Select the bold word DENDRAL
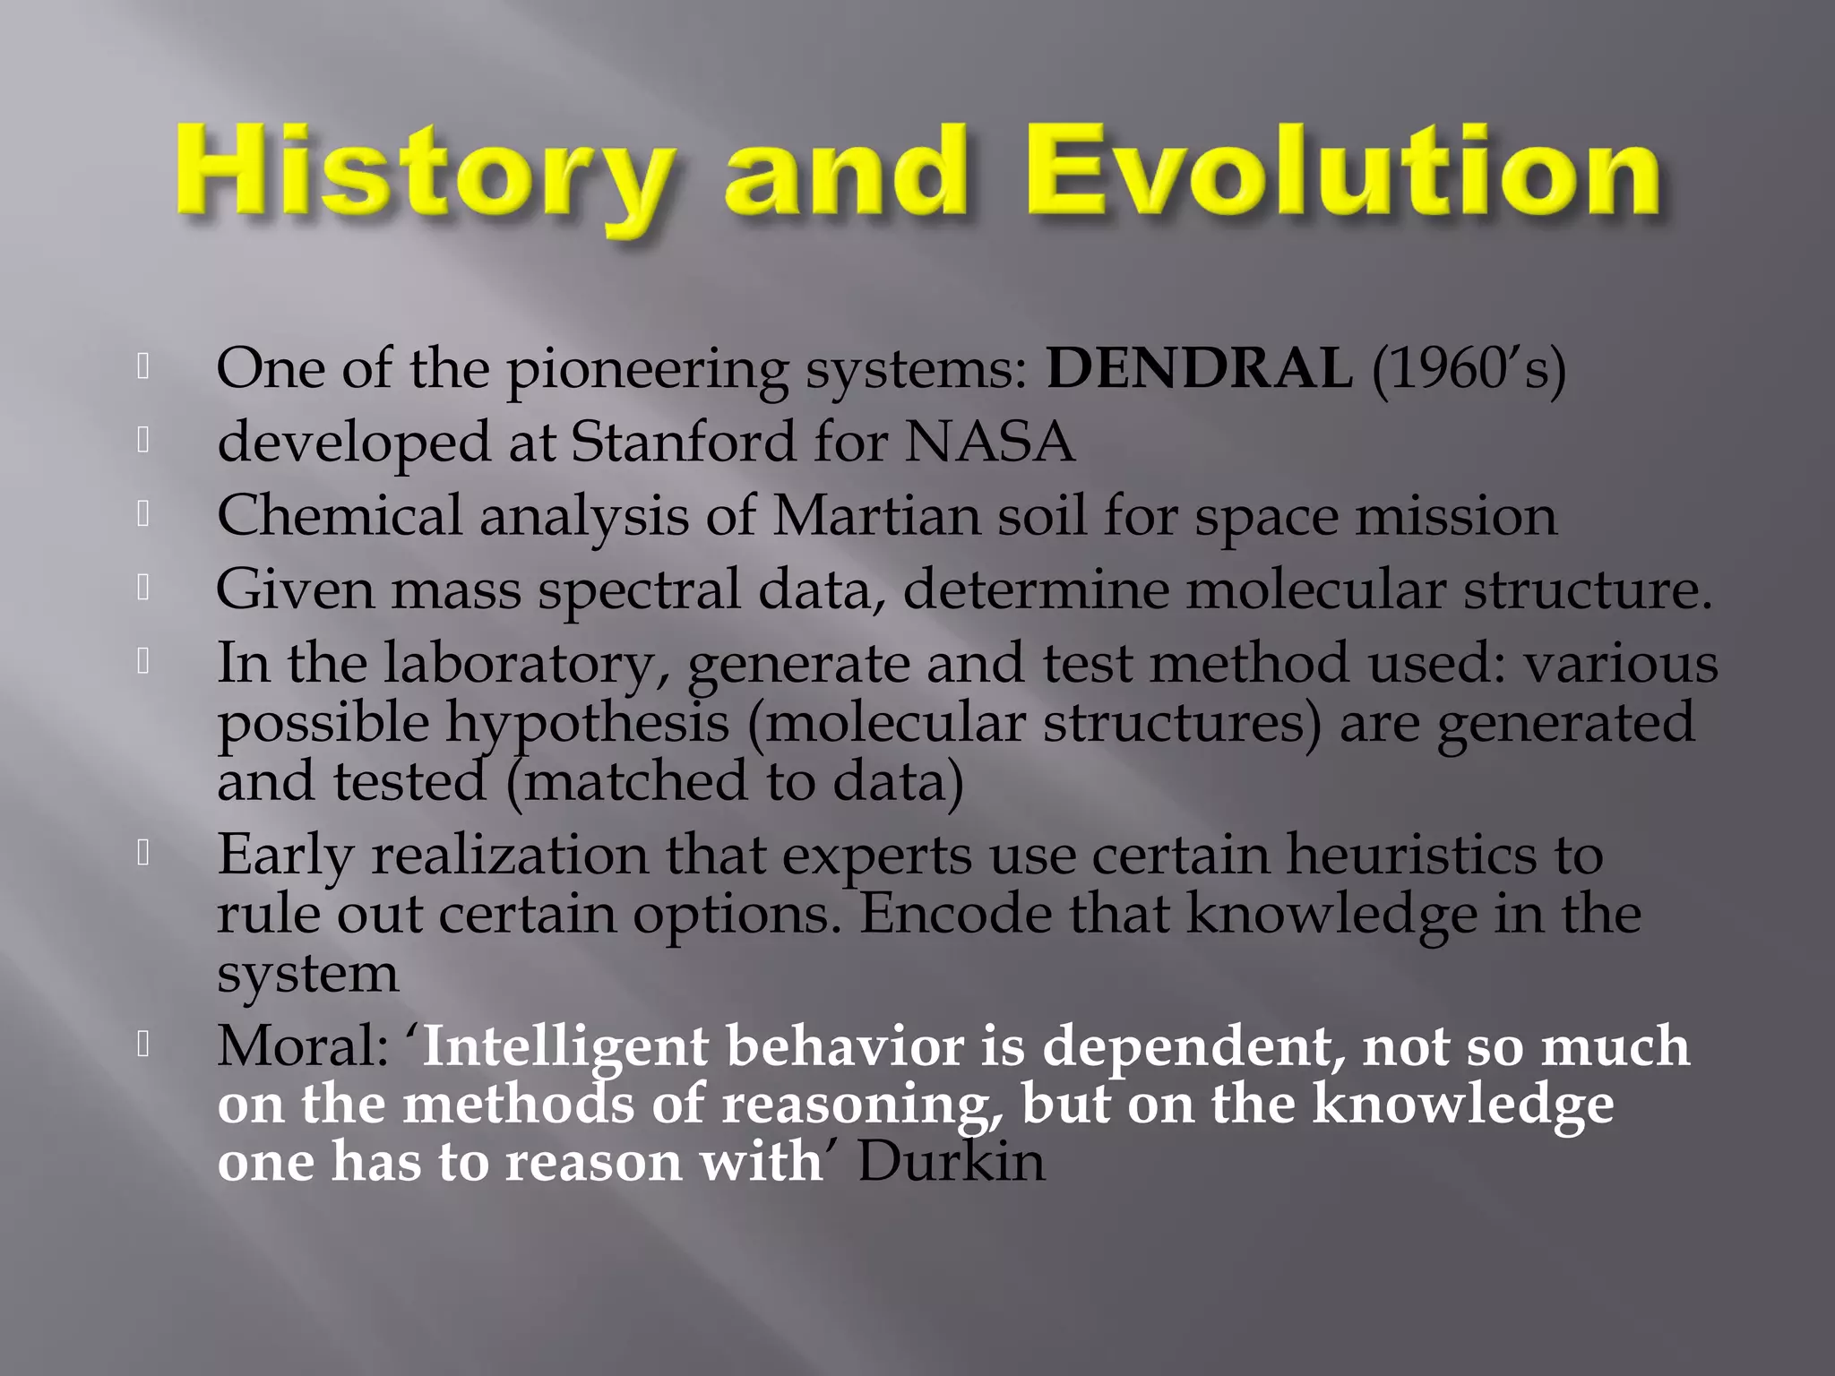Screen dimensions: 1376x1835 coord(1199,368)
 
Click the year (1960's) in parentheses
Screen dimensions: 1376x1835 coord(1469,368)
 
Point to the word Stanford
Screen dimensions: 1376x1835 coord(683,442)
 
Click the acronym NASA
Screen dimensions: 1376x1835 coord(989,442)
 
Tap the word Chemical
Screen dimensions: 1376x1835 coord(340,516)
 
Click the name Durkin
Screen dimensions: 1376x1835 coord(952,1162)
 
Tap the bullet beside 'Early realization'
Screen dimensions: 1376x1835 coord(142,852)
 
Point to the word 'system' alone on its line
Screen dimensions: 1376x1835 coord(307,974)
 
